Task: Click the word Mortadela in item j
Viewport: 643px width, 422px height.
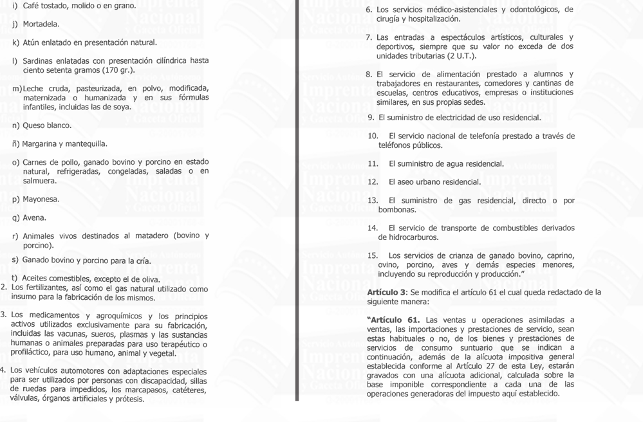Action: (x=41, y=24)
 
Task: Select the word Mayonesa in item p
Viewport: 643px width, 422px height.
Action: (x=41, y=199)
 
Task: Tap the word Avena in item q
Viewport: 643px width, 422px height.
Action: (x=35, y=218)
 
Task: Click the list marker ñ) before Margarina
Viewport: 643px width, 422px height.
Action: (x=16, y=144)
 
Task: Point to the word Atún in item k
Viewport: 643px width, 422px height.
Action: (x=33, y=42)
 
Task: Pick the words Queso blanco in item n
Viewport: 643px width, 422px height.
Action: (x=47, y=125)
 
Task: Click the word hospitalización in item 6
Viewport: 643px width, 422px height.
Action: (x=432, y=19)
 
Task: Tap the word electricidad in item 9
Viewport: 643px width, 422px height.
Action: (x=462, y=118)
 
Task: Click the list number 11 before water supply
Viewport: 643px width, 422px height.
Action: (x=373, y=164)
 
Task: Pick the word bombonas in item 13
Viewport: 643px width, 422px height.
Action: (x=397, y=210)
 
